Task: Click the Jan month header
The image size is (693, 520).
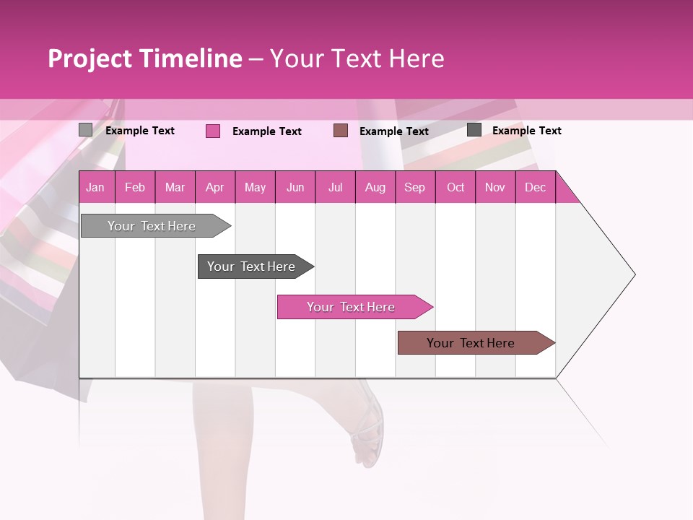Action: pos(95,187)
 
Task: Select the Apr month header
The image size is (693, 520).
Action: pos(214,187)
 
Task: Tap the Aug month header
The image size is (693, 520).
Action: pos(375,187)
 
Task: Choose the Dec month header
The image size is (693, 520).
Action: pos(535,187)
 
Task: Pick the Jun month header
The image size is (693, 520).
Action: pos(295,187)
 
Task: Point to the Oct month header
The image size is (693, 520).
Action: pos(456,187)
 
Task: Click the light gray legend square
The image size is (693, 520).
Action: pos(85,130)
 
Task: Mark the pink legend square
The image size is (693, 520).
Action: pos(213,131)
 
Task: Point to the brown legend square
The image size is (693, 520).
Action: pos(341,131)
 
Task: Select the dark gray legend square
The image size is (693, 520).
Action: pos(474,130)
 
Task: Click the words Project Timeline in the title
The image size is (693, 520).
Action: pos(145,58)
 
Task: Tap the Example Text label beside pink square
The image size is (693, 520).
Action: pos(266,131)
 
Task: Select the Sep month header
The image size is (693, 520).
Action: pos(414,187)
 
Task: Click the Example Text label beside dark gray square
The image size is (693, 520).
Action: pos(526,131)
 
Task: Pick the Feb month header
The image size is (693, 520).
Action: pos(135,187)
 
